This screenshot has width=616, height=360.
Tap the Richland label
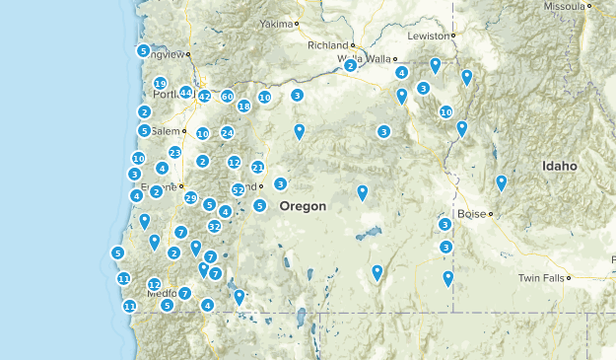tap(328, 45)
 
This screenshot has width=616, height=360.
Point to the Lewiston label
tap(429, 35)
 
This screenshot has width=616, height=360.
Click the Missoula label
tap(565, 6)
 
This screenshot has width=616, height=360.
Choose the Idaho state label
tap(559, 167)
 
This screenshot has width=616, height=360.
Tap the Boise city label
tap(472, 213)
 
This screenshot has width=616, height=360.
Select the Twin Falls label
tap(541, 278)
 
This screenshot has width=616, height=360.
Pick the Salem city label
tap(169, 131)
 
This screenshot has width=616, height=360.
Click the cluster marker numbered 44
tap(185, 92)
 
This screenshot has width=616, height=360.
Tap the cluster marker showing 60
tap(228, 97)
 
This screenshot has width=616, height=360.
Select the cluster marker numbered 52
tap(239, 189)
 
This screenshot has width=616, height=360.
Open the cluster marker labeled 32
tap(214, 226)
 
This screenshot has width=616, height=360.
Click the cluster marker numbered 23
tap(174, 153)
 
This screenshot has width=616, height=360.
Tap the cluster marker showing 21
tap(257, 167)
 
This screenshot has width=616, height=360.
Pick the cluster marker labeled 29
tap(191, 197)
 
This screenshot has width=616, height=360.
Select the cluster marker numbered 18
tap(244, 106)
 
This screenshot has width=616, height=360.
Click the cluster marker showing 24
tap(228, 132)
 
